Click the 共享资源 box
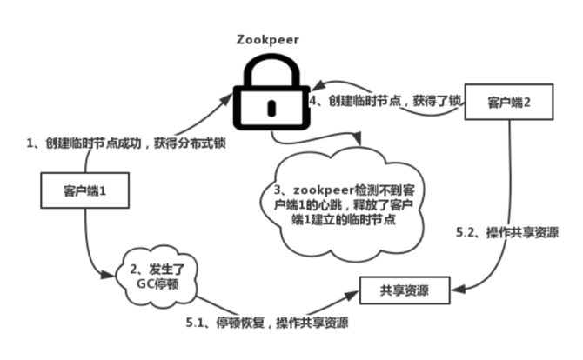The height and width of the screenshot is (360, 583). (404, 287)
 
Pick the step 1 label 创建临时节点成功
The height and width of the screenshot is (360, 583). (122, 143)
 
